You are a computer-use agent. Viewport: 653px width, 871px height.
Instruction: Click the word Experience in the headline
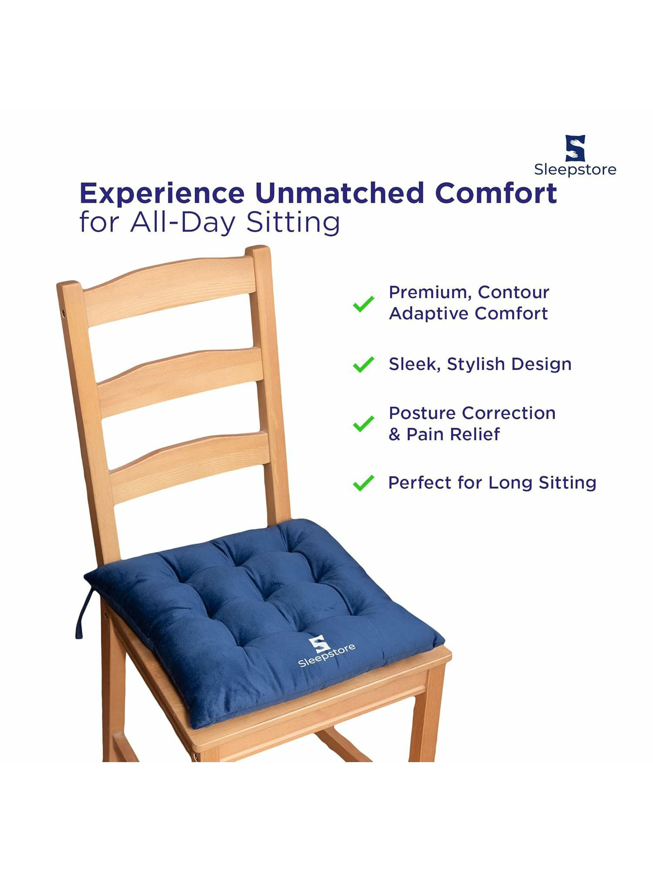(x=162, y=194)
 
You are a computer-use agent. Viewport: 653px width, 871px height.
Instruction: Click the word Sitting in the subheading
(x=293, y=223)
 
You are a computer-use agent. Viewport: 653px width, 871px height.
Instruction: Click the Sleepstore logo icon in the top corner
(x=575, y=148)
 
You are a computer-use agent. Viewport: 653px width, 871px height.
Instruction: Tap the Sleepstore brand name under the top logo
(x=575, y=170)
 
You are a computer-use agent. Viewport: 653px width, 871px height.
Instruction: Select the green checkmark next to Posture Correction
(x=364, y=423)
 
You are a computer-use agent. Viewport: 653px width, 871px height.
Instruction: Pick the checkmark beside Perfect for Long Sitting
(x=364, y=483)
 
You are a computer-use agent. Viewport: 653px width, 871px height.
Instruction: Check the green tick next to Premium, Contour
(x=364, y=304)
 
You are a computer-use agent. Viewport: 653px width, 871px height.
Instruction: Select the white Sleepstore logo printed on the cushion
(x=325, y=651)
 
